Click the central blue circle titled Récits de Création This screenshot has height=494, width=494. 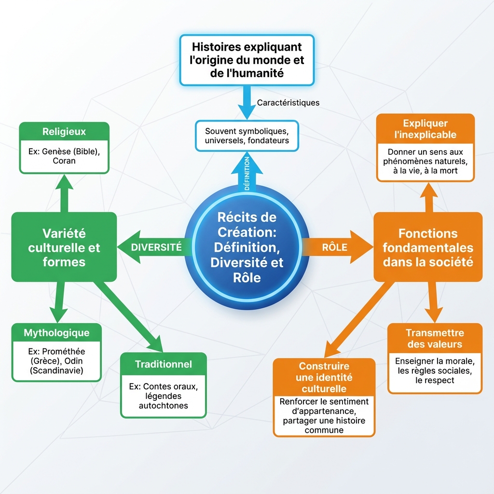[x=247, y=247]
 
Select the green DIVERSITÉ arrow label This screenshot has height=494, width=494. [x=156, y=247]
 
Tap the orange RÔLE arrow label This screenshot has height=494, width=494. [x=335, y=247]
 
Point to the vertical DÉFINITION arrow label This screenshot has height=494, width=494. [x=247, y=173]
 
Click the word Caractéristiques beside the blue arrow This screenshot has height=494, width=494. [x=288, y=103]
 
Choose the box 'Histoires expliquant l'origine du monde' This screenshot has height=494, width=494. [x=247, y=60]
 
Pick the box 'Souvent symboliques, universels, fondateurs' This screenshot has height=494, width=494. [x=247, y=136]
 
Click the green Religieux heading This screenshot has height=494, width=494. [x=64, y=131]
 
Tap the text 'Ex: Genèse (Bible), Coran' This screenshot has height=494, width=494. [x=64, y=156]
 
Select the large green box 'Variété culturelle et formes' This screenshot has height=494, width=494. [x=64, y=247]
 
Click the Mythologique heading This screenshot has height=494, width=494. [x=57, y=333]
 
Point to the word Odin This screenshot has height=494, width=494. [x=73, y=361]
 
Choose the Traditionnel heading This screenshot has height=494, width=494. [x=164, y=364]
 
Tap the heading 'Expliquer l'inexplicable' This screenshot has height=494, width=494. [x=425, y=129]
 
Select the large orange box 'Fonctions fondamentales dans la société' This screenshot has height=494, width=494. [x=428, y=247]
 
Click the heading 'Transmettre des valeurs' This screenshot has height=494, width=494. [x=435, y=338]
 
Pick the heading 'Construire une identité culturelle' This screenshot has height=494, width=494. [x=324, y=377]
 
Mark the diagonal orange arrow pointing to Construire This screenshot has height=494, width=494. [x=359, y=319]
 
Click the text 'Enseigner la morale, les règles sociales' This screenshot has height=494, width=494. [x=435, y=366]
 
